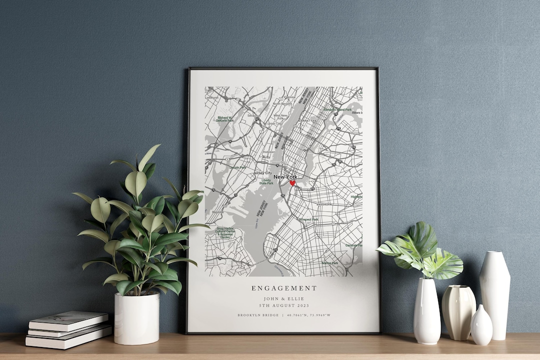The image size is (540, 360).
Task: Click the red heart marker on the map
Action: coord(292,183)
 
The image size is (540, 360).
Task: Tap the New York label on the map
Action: coord(285,177)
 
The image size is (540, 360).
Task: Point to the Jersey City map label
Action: coord(263,173)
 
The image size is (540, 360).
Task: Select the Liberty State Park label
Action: coord(266,181)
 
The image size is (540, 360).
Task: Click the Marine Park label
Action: coord(330,262)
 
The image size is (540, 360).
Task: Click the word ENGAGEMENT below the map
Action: coord(284,288)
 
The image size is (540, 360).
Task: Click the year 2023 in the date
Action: coord(301,305)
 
